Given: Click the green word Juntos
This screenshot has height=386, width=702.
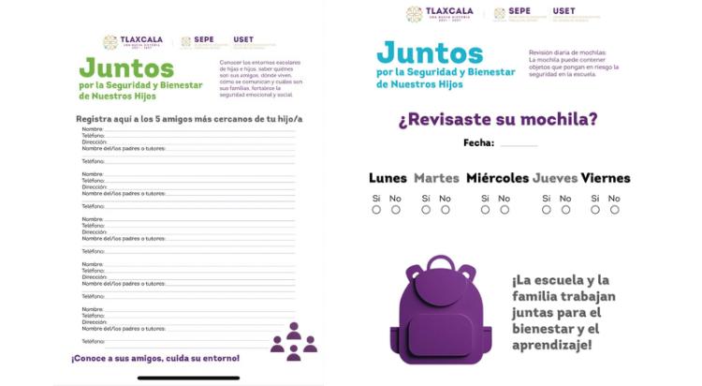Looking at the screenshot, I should (126, 68).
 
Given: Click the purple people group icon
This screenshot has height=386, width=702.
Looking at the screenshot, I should (293, 342).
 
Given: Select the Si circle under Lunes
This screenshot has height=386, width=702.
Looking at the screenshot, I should (376, 210).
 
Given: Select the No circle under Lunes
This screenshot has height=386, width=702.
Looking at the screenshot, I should (395, 210).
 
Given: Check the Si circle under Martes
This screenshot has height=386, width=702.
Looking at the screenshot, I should (426, 210).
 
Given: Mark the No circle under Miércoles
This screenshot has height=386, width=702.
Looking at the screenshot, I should (504, 210).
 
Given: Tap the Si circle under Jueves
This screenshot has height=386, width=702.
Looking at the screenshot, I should (547, 210).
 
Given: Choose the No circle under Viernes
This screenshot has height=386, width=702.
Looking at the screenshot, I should (614, 210).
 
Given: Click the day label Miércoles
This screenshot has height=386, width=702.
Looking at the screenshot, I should (497, 178).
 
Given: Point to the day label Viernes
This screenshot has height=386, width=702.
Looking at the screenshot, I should (606, 178).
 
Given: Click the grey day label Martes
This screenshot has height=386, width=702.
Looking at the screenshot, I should (436, 178).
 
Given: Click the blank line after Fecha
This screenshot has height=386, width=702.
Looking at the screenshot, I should (519, 144).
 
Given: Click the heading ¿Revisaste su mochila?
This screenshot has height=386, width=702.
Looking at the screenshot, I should (498, 119).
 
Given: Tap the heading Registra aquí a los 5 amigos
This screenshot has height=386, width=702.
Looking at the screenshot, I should (189, 119).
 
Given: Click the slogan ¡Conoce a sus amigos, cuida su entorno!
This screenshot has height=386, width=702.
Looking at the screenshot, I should (155, 358).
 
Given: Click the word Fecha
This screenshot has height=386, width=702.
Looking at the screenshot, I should (478, 142).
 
